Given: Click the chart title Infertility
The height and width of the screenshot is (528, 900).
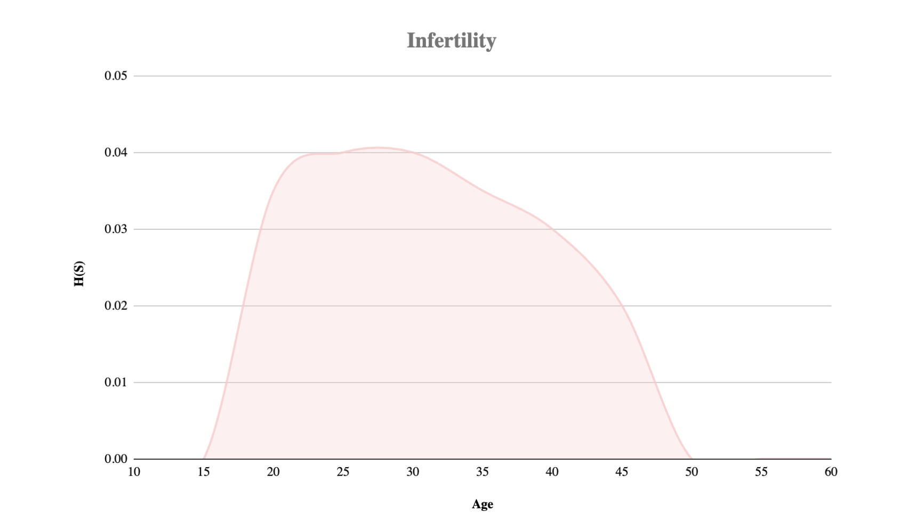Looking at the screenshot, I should (451, 41).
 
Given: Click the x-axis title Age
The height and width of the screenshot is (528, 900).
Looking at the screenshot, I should (482, 505).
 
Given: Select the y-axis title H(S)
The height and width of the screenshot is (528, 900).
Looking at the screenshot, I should (79, 274).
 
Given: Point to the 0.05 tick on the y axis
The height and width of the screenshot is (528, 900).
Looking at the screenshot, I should (116, 76).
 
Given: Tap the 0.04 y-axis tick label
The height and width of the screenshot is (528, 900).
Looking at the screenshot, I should (116, 153).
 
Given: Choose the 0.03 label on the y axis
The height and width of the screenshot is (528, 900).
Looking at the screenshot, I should (116, 229).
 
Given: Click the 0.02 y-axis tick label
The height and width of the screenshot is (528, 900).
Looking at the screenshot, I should (116, 306).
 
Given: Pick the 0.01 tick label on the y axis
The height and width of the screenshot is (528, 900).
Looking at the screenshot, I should (116, 382).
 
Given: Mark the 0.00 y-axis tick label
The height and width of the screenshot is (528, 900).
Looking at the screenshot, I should (116, 459).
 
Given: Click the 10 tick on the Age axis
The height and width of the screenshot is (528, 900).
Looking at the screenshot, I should (134, 472).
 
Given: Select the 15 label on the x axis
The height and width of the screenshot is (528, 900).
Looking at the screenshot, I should (204, 472).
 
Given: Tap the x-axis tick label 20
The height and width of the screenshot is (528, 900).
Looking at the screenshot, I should (273, 472).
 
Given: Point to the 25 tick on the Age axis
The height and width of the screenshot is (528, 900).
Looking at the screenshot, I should (343, 472).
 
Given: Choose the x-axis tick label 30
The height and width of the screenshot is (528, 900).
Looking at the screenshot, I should (413, 472).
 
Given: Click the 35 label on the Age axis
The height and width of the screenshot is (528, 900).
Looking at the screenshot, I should (482, 472).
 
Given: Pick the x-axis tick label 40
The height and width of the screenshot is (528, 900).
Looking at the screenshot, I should (552, 472).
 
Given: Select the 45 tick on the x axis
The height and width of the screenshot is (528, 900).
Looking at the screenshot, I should (622, 472).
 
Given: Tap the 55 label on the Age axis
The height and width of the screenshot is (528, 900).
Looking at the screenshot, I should (761, 472).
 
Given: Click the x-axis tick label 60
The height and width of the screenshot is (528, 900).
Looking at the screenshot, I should (831, 472).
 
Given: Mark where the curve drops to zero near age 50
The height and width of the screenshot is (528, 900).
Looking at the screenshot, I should (691, 458).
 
